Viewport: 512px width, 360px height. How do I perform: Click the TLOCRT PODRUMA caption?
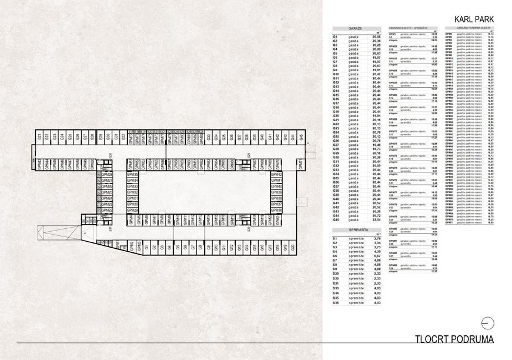coord(454,339)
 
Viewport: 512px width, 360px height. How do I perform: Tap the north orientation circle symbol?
coord(487,322)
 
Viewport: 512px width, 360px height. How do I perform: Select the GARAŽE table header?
coord(355,28)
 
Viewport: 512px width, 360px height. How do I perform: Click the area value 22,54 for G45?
coord(376,221)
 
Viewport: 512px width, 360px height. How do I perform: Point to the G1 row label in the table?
coord(334,36)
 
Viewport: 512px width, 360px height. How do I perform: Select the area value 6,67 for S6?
coord(376,256)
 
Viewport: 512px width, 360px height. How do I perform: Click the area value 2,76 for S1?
coord(376,239)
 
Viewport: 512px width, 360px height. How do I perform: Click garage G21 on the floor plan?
coord(39,137)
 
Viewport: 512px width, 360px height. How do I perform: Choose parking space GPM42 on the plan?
coord(276,175)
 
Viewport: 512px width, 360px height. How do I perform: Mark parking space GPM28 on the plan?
coord(106,175)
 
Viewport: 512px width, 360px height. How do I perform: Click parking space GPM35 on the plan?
coord(132,175)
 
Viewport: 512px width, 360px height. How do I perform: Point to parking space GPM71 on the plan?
coord(300,163)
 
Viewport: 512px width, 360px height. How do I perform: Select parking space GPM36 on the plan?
coord(276,210)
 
